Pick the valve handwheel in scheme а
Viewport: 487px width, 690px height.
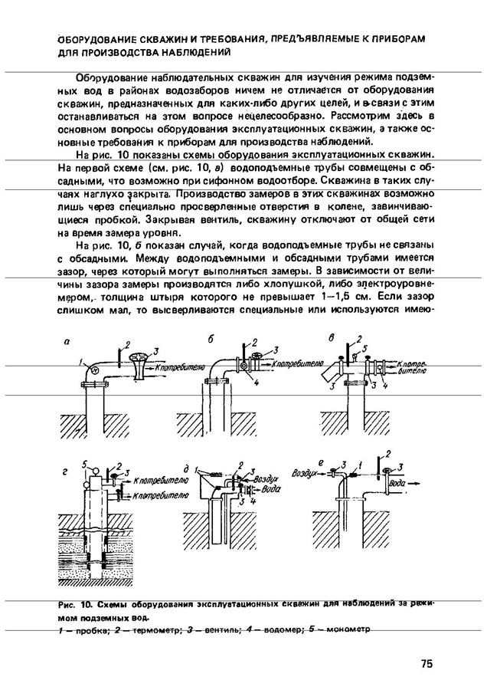pos(137,356)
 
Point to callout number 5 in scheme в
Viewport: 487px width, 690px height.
pos(366,347)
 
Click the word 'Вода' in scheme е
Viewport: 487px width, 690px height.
pos(398,485)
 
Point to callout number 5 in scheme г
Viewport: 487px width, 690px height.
pos(89,464)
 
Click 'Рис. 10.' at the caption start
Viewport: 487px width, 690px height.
pos(74,604)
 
